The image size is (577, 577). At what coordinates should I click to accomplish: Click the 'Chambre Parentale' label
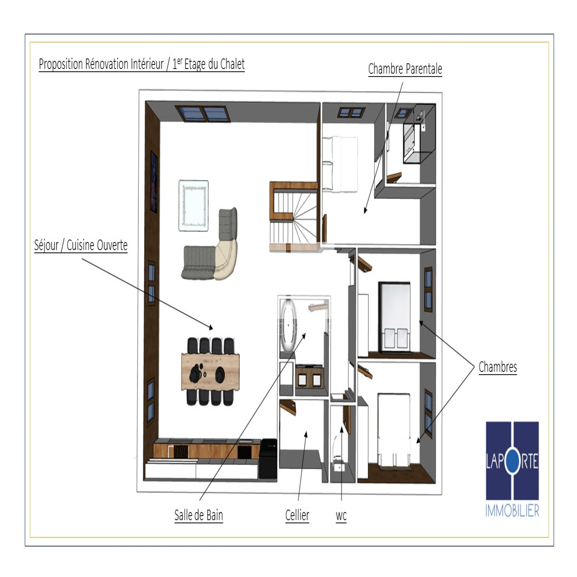(405, 69)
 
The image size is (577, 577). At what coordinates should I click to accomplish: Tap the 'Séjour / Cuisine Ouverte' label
(81, 245)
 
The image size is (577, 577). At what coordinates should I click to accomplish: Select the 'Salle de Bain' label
(198, 515)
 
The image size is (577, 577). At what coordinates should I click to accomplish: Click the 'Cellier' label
(297, 515)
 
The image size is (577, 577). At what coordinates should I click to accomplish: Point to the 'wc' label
(341, 516)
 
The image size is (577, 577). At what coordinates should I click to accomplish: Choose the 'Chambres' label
(498, 367)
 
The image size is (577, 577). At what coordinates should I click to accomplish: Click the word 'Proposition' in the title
(61, 64)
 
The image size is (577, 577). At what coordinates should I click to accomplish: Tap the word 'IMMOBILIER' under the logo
(512, 511)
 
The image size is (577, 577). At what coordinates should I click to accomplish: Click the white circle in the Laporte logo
(512, 461)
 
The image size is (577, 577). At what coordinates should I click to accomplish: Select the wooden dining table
(210, 372)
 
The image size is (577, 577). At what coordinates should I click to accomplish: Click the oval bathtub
(288, 326)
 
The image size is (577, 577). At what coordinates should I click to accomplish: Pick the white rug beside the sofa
(194, 206)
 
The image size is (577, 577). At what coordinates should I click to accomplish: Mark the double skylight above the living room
(203, 113)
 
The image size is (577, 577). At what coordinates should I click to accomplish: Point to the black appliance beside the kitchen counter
(268, 458)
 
